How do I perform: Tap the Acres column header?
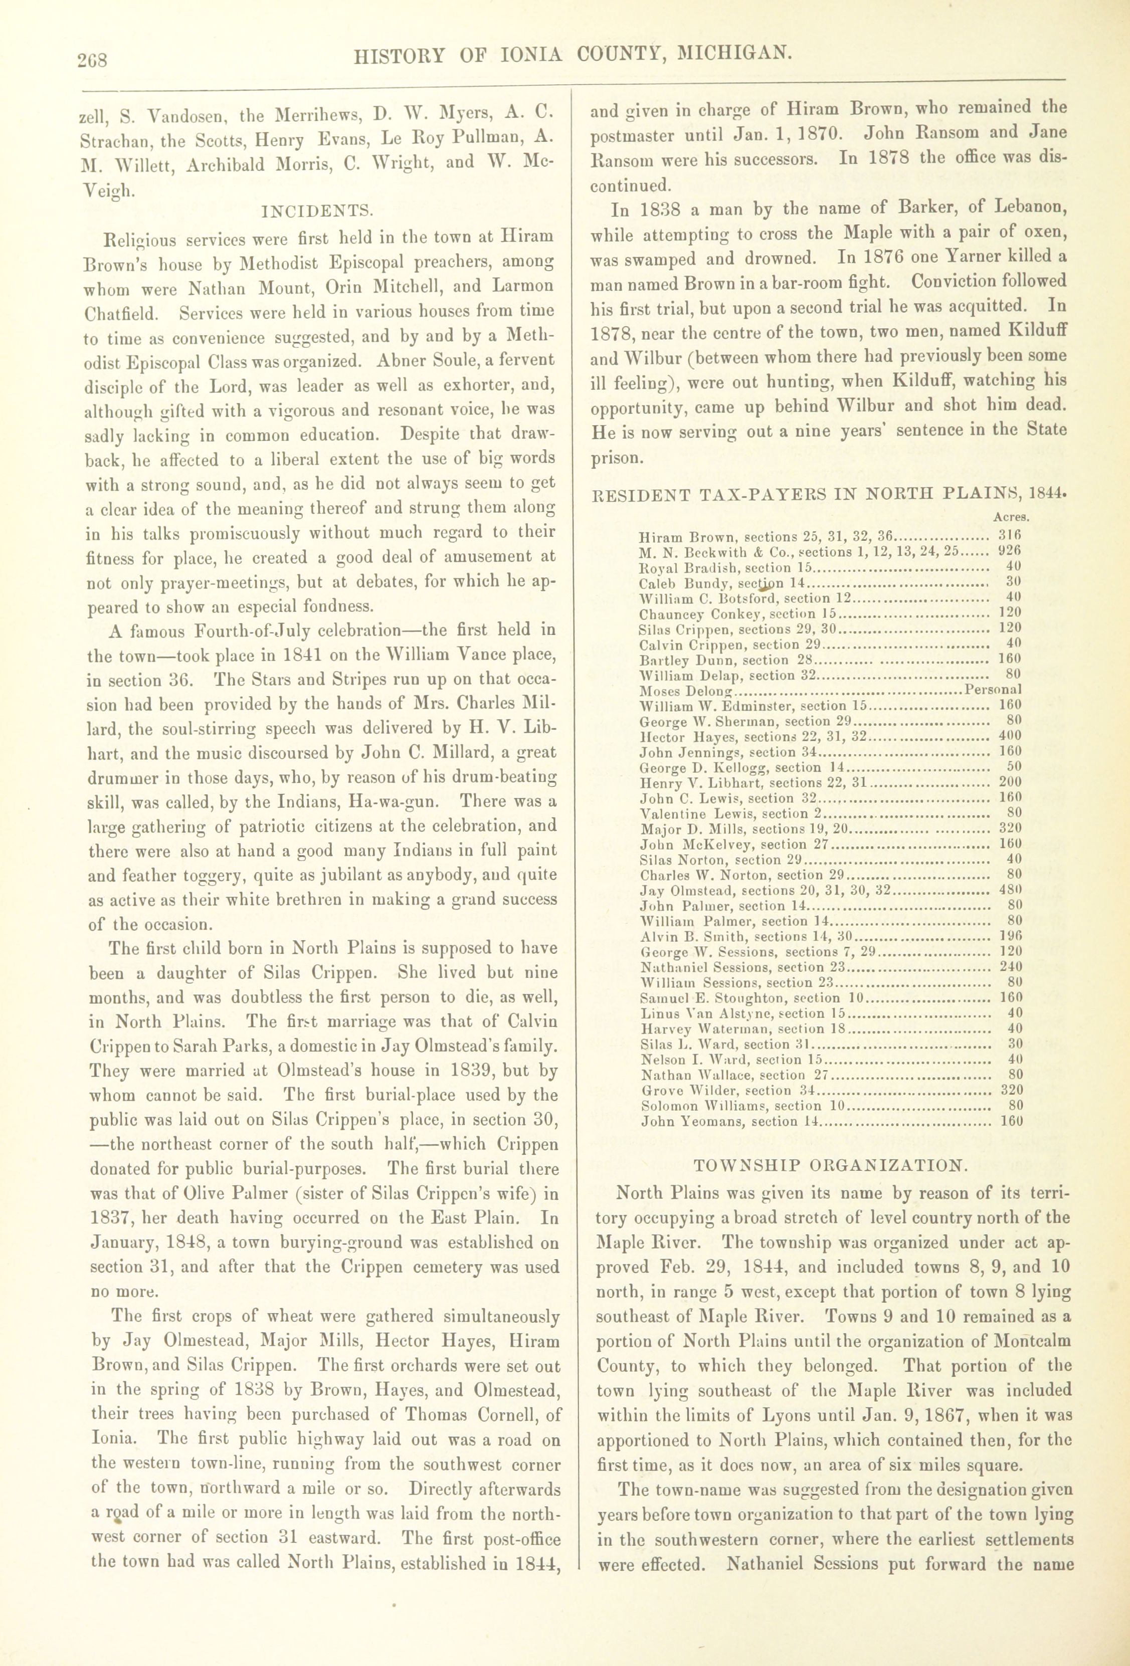[x=1012, y=517]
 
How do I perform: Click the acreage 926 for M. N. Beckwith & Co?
[x=1010, y=551]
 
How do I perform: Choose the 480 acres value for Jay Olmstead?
[x=1010, y=890]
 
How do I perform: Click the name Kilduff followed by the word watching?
[x=920, y=380]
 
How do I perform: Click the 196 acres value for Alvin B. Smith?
[x=1010, y=937]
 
